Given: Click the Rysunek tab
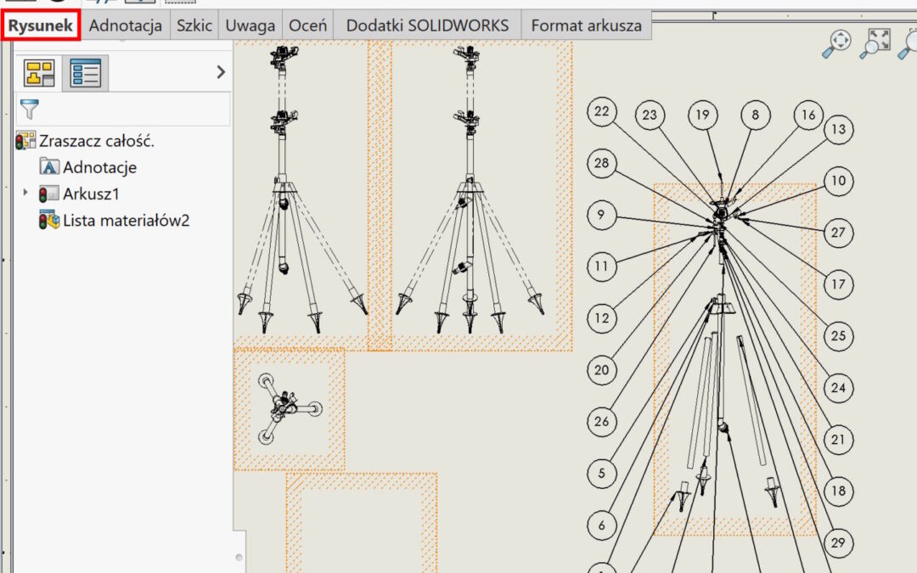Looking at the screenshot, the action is coord(41,25).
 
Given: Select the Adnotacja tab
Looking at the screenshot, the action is coord(125,25).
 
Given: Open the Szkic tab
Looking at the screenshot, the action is coord(194,25).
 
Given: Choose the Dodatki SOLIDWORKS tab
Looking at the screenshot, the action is coord(427,25).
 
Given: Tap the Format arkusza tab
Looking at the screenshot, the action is coord(586,25).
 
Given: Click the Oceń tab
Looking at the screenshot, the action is coord(307,25).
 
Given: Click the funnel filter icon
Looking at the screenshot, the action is coord(29,109).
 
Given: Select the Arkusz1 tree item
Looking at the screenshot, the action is coord(91,194).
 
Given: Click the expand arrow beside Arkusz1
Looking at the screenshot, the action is coord(25,193).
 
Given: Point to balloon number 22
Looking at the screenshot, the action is coord(602,112).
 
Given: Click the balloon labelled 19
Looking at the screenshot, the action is coord(702,115).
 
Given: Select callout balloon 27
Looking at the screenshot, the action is coord(838,233).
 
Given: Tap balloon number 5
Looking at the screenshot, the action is coord(602,473).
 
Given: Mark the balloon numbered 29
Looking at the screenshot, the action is coord(838,542).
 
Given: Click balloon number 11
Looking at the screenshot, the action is coord(602,267).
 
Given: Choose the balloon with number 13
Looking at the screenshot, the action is coord(838,129).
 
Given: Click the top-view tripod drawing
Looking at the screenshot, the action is coord(289,408).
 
